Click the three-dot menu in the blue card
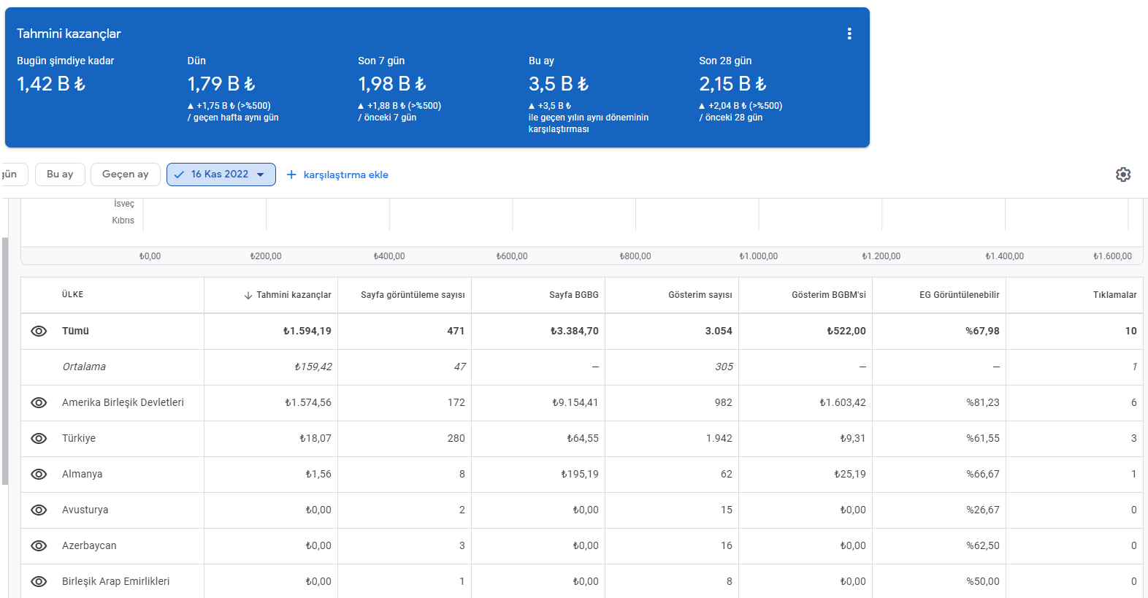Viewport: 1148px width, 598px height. [849, 34]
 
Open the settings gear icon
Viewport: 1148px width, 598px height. [1123, 175]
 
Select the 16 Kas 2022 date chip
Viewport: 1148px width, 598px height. [221, 175]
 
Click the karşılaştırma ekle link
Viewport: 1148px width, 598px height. [337, 175]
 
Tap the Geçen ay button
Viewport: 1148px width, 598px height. [125, 175]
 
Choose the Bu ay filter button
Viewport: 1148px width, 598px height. [60, 175]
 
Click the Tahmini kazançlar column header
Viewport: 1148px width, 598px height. [288, 295]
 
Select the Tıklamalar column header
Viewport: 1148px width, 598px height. [1114, 295]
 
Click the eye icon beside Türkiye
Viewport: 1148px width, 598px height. [39, 439]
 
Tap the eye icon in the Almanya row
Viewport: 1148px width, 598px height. [39, 475]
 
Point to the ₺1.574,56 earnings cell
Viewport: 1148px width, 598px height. [308, 403]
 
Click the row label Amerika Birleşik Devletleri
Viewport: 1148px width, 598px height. [123, 403]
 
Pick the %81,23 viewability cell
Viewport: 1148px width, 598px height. [982, 403]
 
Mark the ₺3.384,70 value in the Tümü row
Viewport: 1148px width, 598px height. [575, 331]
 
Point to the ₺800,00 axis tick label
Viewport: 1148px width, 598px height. [635, 256]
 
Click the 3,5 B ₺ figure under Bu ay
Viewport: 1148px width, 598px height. [559, 84]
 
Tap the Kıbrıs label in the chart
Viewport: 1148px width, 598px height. [123, 221]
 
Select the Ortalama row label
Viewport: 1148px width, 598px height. [84, 367]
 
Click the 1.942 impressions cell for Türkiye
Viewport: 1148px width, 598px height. [719, 439]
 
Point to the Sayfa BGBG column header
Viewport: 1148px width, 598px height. [573, 295]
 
